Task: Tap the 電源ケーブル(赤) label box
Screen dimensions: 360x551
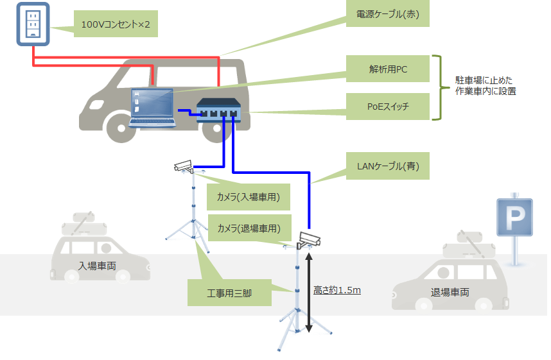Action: (x=387, y=14)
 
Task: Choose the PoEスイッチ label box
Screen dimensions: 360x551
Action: (x=387, y=107)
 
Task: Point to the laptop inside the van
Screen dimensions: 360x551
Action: (x=152, y=107)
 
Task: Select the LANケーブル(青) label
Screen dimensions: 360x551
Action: (x=387, y=166)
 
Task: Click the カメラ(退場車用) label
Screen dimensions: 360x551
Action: (x=250, y=228)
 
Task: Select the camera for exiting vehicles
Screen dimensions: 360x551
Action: (x=308, y=241)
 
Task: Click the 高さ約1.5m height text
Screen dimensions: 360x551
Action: (x=337, y=290)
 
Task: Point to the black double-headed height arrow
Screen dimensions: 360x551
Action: (x=309, y=292)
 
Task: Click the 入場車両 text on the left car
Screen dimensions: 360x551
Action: (x=97, y=265)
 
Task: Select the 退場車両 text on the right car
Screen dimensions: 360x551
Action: (x=450, y=292)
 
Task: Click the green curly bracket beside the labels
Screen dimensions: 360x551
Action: (x=438, y=88)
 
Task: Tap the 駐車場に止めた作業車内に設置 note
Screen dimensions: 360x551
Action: (x=485, y=86)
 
